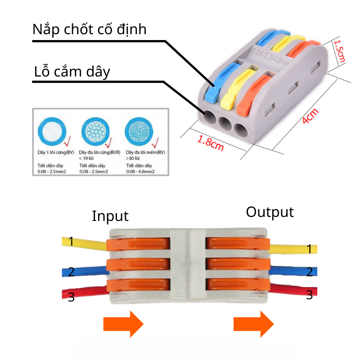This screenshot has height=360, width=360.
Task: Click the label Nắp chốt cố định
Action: pos(90,29)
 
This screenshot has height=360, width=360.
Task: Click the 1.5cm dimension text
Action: pos(340,51)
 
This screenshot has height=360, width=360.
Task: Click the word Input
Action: pos(110,216)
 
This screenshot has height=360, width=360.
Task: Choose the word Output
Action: pos(270,212)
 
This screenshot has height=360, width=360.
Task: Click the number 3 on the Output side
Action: pos(309,295)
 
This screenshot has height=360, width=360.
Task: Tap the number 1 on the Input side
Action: pos(71,241)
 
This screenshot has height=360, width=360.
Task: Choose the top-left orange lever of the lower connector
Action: pos(139,243)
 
